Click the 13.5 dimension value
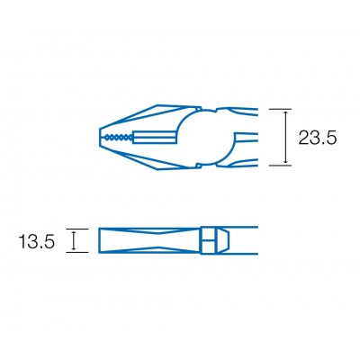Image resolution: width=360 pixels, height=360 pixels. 37,240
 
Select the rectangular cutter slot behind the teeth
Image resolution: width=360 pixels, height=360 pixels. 157,138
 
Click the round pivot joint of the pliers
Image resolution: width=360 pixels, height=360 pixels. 204,137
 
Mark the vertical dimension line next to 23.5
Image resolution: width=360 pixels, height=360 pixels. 287,138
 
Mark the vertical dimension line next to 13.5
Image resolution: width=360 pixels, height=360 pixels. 75,240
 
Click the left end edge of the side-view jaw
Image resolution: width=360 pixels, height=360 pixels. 97,240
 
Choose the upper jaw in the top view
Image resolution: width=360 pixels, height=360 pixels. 144,120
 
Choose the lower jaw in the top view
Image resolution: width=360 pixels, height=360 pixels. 144,156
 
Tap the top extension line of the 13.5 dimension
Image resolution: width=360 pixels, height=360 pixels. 79,228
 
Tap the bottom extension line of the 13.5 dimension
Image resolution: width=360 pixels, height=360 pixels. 79,253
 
